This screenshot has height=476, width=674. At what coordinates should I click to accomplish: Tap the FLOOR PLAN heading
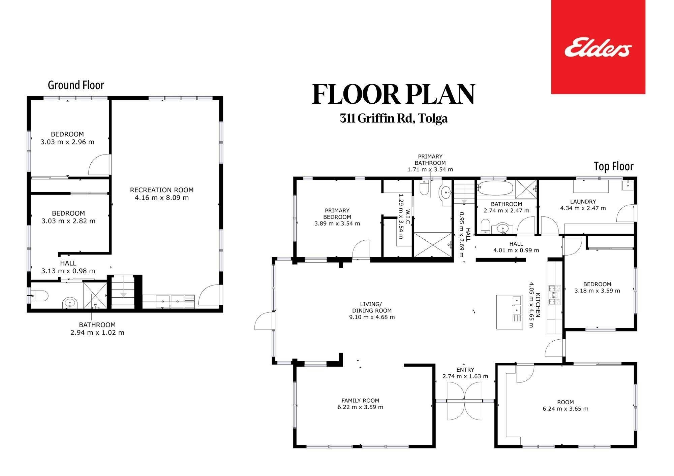point(394,95)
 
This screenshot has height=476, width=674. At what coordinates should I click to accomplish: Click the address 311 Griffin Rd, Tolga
point(394,118)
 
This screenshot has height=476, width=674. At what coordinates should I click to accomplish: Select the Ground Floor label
point(76,85)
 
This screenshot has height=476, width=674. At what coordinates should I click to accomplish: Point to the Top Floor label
point(614,166)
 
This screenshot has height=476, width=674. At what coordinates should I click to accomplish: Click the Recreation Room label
point(162,190)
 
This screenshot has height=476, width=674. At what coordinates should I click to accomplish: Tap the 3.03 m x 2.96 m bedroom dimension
point(67,142)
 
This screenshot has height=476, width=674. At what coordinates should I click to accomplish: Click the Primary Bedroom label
point(337,214)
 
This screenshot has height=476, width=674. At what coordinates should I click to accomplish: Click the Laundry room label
point(583,202)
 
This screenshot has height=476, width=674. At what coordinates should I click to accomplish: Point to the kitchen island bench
point(509,312)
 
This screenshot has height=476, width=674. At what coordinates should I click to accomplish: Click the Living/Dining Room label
point(372,307)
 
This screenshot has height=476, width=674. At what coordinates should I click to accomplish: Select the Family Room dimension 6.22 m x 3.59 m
point(360,407)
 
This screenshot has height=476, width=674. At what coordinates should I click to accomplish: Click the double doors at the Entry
point(465,401)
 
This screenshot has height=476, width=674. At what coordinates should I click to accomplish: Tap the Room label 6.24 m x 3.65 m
point(565,405)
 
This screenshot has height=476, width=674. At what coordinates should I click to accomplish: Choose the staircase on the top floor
point(464,192)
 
